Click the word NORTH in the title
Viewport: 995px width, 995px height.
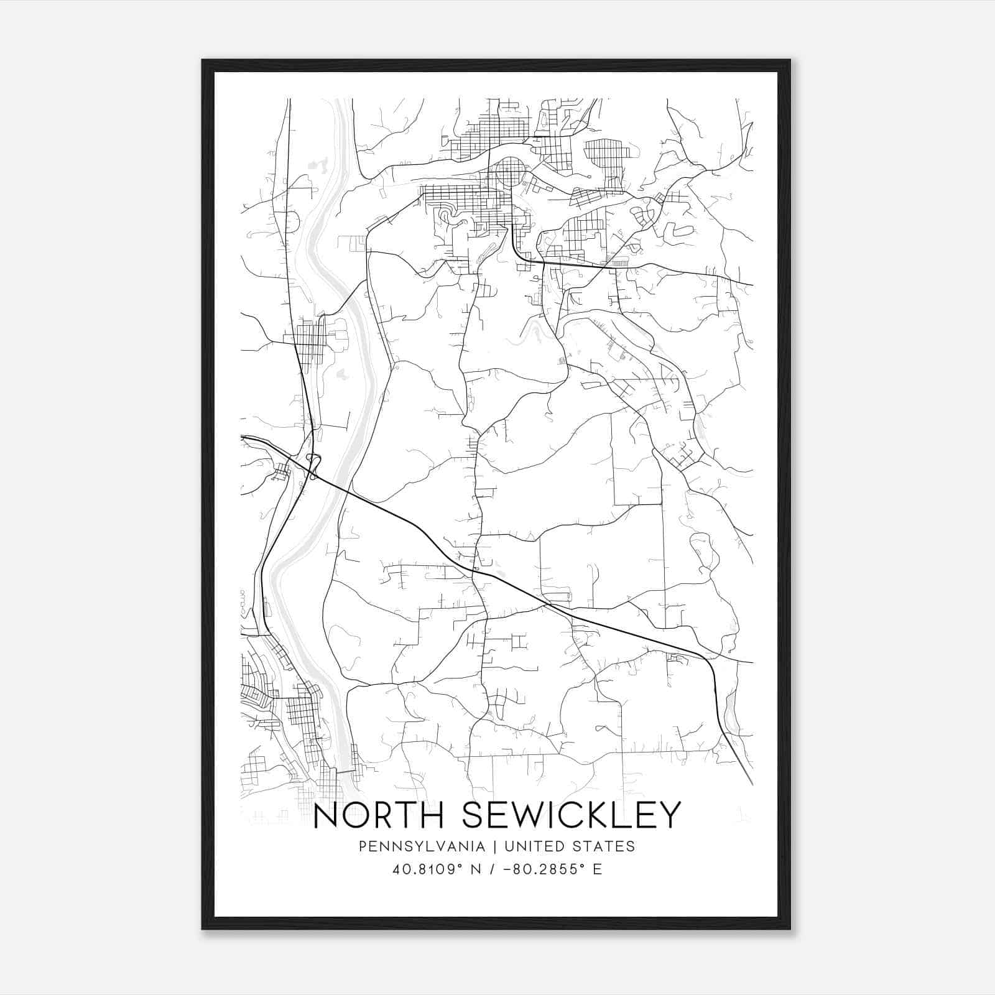click(371, 816)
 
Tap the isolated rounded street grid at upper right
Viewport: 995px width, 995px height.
click(604, 155)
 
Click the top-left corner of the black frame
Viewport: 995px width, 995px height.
click(203, 60)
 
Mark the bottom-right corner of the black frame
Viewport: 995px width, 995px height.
click(790, 929)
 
